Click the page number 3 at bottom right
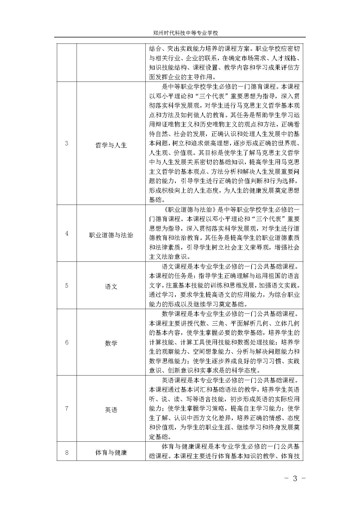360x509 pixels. pyautogui.click(x=295, y=479)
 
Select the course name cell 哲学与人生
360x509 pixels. pyautogui.click(x=111, y=145)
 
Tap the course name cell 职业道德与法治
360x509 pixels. pyautogui.click(x=111, y=235)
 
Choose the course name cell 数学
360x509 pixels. pyautogui.click(x=111, y=343)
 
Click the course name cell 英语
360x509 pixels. pyautogui.click(x=111, y=410)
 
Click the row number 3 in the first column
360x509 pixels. pyautogui.click(x=67, y=143)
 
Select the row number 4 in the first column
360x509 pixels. pyautogui.click(x=67, y=233)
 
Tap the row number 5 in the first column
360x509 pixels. pyautogui.click(x=67, y=286)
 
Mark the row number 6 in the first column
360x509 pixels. pyautogui.click(x=67, y=342)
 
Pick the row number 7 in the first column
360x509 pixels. pyautogui.click(x=67, y=409)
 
